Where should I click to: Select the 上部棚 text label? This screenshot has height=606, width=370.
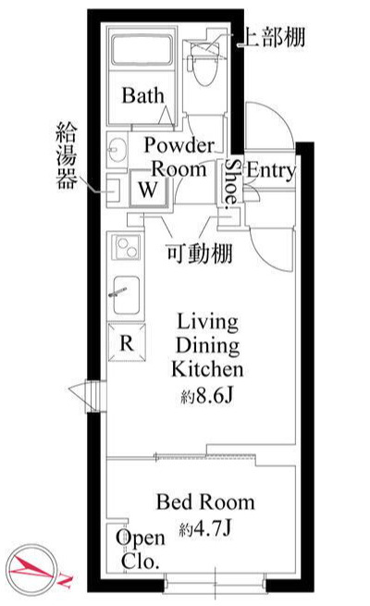(271, 38)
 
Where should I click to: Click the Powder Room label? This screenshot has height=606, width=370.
(179, 156)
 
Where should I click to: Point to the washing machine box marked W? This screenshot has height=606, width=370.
(147, 190)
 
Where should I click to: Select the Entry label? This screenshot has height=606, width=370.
(271, 170)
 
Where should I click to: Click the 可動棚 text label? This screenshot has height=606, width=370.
(198, 253)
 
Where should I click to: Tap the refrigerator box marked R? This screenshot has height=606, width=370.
(124, 341)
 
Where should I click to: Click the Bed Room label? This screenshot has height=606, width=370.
(205, 502)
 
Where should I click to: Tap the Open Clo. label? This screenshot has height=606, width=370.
(139, 549)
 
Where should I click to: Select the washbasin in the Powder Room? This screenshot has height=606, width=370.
(117, 147)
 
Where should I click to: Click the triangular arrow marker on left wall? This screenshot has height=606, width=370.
(81, 393)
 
